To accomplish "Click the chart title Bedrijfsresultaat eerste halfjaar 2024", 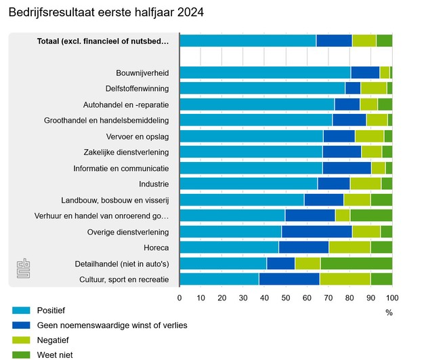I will pos(105,13).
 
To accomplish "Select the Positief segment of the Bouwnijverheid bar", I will pos(265,72).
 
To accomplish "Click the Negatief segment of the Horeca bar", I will pos(349,247).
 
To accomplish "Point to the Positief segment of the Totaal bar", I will pos(248,40).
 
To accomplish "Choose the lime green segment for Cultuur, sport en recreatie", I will pos(345,279).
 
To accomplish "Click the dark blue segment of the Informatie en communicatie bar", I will pos(347,167).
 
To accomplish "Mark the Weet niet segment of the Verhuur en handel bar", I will pos(371,215).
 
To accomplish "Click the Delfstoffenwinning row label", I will pos(137,88).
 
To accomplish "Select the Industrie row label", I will pos(154,184).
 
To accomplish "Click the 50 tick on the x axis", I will pos(286,298).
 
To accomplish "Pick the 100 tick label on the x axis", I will pos(392,298).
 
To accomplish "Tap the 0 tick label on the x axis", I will pos(179,298).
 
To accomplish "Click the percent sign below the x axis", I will pos(389,313).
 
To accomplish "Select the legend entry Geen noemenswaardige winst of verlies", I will pos(112,325).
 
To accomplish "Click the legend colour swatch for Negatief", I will pos(21,339).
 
